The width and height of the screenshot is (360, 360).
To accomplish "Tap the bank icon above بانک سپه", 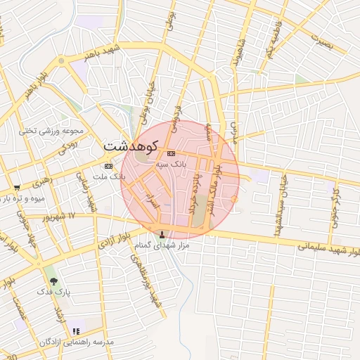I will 171,154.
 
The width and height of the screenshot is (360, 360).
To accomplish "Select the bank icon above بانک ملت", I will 108,166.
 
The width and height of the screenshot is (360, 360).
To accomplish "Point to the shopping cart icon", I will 16,188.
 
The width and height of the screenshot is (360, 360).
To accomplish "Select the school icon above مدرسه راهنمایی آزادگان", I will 76,330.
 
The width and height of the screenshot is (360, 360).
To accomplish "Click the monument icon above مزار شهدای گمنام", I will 165,234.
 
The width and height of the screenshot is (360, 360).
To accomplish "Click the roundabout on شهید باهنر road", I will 61,61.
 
